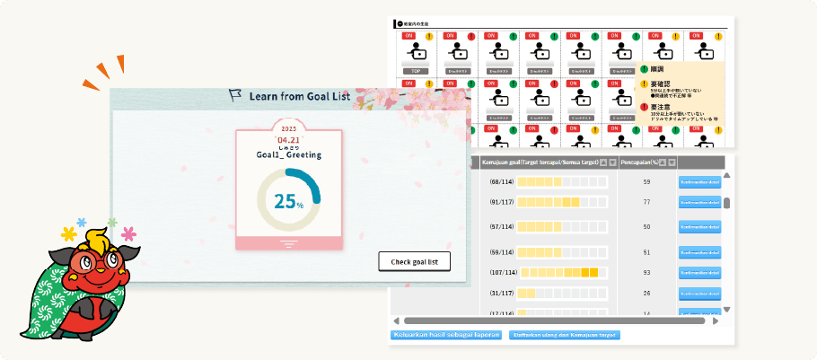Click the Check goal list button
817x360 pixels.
point(414,262)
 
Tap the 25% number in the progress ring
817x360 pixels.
point(288,202)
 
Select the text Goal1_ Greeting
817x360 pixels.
point(288,154)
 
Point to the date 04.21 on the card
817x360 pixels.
point(288,140)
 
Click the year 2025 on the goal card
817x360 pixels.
point(288,128)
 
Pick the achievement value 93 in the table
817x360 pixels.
point(646,272)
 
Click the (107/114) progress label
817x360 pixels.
point(502,272)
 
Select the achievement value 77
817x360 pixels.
point(646,203)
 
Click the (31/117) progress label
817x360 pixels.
point(501,293)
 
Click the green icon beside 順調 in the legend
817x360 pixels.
point(644,69)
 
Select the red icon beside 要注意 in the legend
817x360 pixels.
point(644,106)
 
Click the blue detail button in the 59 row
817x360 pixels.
point(699,182)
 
